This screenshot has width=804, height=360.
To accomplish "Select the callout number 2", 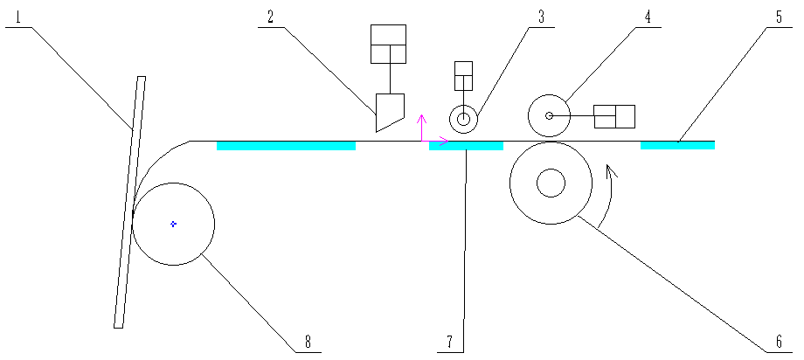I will click(271, 16).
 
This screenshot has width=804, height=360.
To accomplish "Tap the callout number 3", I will click(542, 16).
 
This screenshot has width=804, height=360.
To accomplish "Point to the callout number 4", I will click(648, 16).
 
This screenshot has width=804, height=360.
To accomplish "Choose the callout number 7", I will click(450, 341).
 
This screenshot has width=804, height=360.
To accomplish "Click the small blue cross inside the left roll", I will click(174, 224).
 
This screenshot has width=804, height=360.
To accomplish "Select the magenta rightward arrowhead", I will click(444, 141).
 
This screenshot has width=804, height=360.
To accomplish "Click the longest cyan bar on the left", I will click(286, 145).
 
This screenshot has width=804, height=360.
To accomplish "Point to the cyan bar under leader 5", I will click(677, 145).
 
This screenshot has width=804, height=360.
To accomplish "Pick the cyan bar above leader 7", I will click(466, 145).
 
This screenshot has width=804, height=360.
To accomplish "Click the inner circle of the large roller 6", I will click(551, 183).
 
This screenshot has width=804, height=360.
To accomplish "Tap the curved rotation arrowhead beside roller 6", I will click(612, 171).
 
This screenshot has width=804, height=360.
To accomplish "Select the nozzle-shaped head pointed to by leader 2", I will click(389, 110).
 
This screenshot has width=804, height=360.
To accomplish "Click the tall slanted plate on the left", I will click(129, 201).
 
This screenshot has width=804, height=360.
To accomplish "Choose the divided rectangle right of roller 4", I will click(614, 116).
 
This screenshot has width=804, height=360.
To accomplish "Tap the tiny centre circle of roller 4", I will click(549, 115).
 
